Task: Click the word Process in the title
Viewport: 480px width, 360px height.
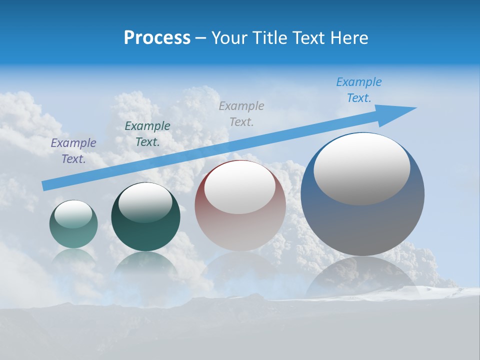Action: coord(157,38)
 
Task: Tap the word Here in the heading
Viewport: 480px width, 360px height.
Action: coord(348,38)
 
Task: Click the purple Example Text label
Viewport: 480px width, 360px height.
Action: coord(73,151)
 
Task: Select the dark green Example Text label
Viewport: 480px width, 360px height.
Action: coord(147,134)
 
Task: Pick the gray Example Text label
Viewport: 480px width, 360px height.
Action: coord(241,113)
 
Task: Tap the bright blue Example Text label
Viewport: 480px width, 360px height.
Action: coord(359,90)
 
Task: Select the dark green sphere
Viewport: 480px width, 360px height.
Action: coord(145,235)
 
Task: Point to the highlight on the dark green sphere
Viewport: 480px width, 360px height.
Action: coord(145,203)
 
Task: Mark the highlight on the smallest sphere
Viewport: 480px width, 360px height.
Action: coord(73,214)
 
